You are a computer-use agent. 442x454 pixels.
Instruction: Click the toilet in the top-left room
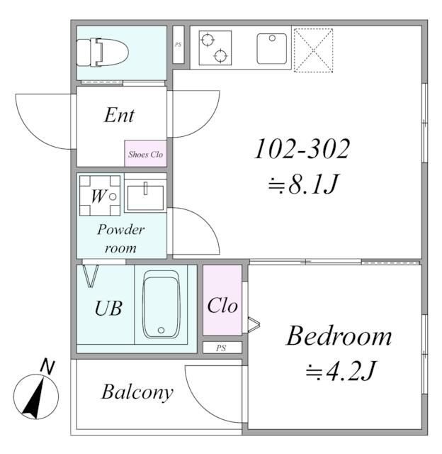(x=102, y=52)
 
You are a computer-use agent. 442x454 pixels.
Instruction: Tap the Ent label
(x=119, y=115)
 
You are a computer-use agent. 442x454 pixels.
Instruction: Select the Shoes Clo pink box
(x=146, y=153)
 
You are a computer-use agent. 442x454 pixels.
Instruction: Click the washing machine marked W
(x=100, y=196)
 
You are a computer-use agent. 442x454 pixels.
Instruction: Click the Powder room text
(x=120, y=238)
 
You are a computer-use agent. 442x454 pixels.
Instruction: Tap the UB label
(x=108, y=308)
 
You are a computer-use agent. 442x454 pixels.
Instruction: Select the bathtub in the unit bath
(x=161, y=304)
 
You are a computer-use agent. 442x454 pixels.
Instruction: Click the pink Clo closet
(x=222, y=300)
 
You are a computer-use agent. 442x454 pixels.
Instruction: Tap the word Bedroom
(x=339, y=336)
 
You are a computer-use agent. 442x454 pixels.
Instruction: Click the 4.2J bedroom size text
(x=341, y=370)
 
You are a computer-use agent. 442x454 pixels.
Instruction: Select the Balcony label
(x=137, y=392)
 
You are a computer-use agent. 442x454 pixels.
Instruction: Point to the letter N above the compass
(x=47, y=367)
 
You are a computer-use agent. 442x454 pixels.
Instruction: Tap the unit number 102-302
(x=302, y=148)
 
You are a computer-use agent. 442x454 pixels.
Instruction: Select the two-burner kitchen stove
(x=215, y=48)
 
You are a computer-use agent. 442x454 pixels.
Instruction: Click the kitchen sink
(x=272, y=49)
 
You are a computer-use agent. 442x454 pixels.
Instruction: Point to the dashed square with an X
(x=313, y=50)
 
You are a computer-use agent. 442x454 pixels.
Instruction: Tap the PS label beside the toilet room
(x=178, y=45)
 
